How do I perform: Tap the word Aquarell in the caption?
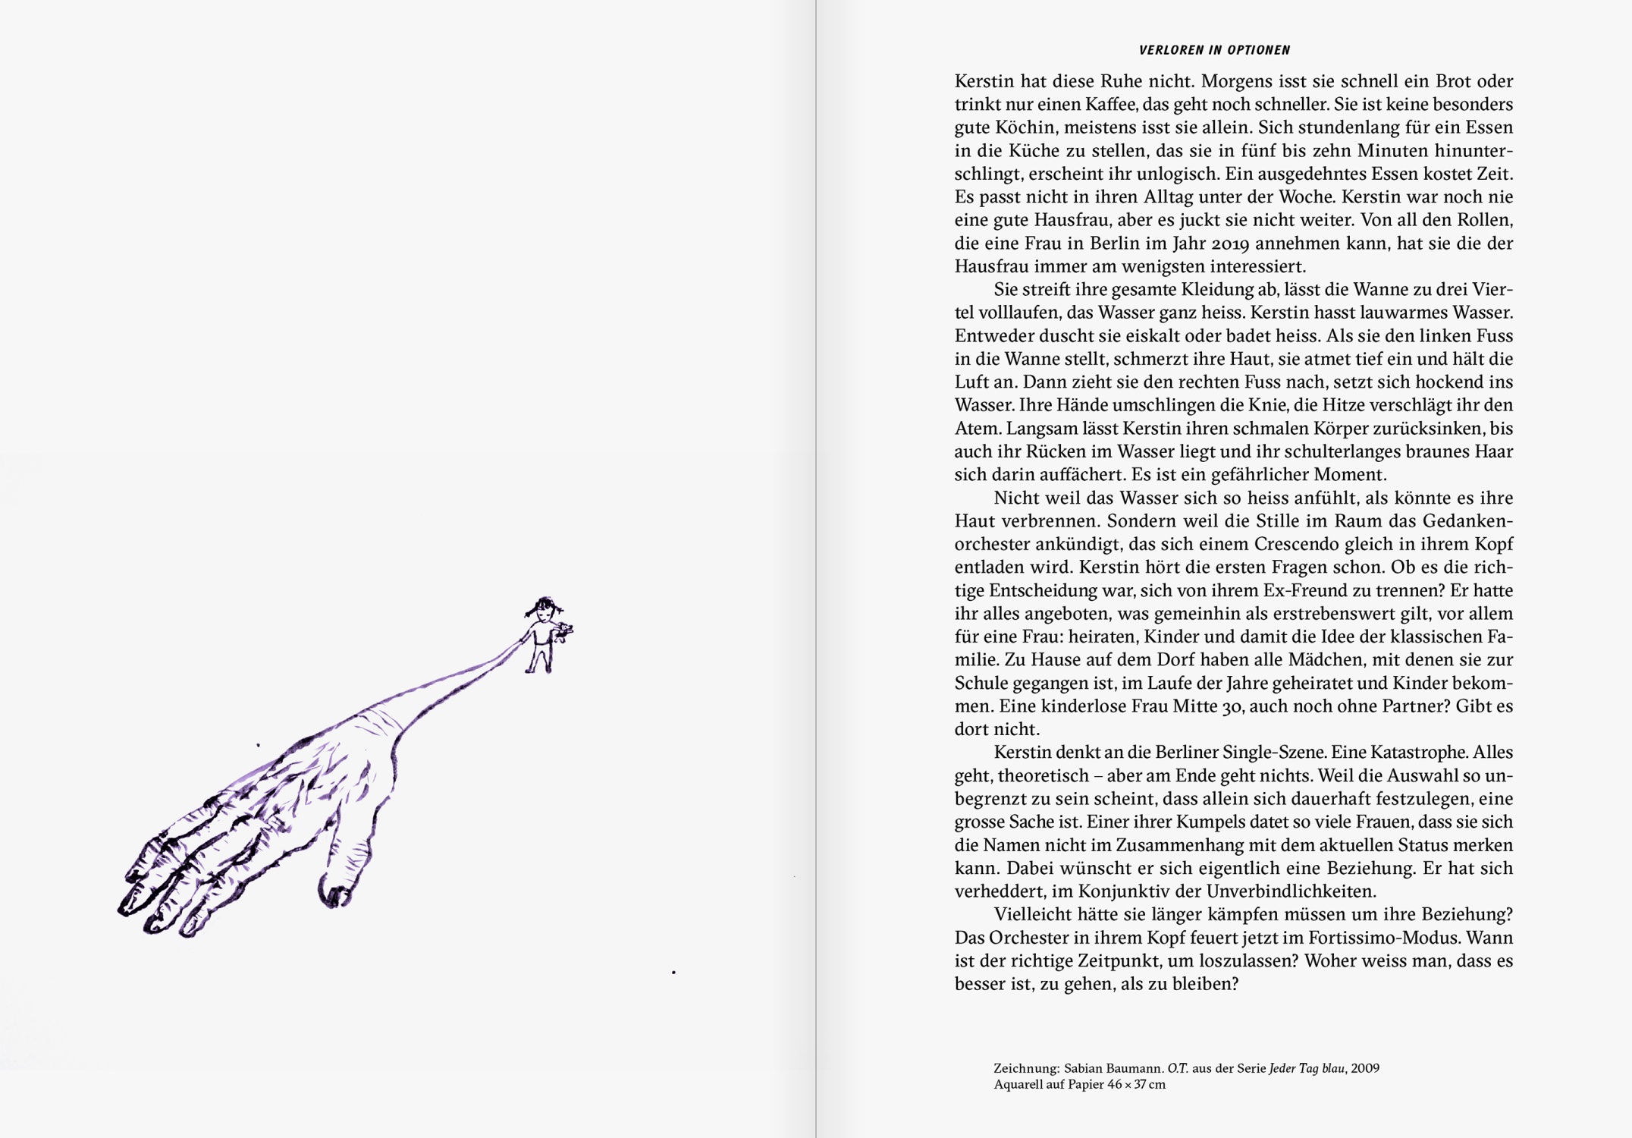(1016, 1085)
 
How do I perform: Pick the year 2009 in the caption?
(1365, 1068)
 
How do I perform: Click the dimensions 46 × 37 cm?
(1136, 1085)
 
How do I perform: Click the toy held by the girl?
(563, 630)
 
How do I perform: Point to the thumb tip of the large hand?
(333, 895)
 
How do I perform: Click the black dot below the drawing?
(673, 972)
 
